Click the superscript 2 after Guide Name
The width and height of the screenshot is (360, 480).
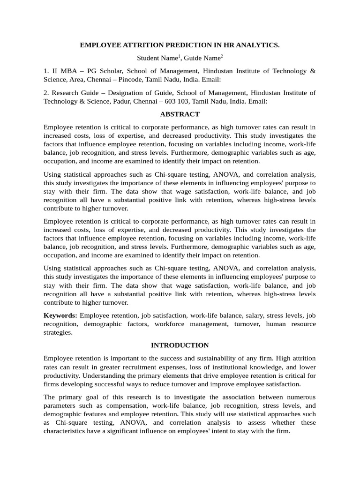coord(222,56)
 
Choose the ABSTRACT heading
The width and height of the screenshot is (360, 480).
coord(180,114)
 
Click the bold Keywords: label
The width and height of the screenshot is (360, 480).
coord(60,315)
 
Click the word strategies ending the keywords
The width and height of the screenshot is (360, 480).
coord(58,332)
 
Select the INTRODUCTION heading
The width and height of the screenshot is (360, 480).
coord(180,345)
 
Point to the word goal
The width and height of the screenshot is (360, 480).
coord(89,397)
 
